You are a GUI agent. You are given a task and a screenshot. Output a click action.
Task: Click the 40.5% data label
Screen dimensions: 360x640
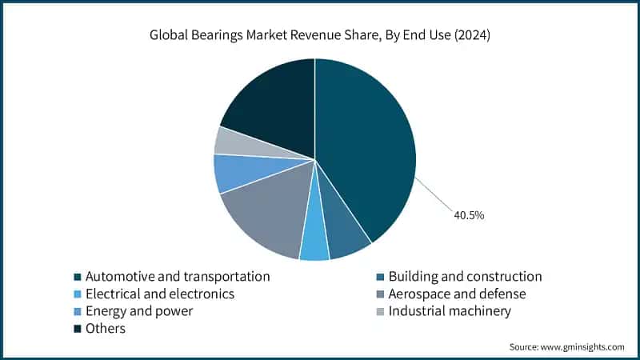tap(468, 215)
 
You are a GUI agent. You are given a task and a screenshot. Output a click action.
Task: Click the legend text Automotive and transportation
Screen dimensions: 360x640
tap(178, 276)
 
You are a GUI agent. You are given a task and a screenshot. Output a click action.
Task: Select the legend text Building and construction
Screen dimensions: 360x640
tap(465, 276)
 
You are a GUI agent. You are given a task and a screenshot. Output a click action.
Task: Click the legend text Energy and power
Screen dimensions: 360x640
tap(139, 310)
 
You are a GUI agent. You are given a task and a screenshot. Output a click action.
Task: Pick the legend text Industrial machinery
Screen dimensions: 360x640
tap(450, 310)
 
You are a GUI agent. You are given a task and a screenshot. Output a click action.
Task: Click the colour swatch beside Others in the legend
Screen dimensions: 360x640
tap(77, 329)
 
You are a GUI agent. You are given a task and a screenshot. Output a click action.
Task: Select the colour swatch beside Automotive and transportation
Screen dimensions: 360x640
tap(77, 277)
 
